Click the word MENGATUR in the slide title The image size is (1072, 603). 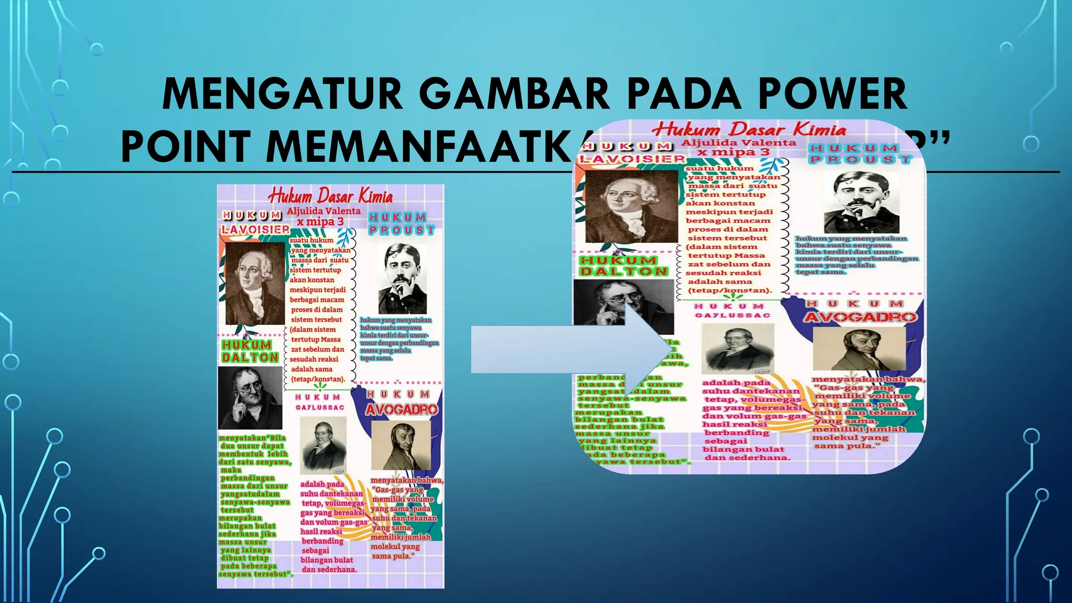[282, 94]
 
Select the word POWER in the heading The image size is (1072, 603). [832, 94]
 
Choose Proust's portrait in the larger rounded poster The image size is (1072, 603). [861, 202]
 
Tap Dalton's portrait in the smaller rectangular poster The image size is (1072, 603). [250, 398]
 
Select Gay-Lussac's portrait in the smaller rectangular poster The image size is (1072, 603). [323, 444]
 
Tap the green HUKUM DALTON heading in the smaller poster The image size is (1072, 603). [250, 351]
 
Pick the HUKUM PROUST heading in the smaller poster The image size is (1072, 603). [401, 224]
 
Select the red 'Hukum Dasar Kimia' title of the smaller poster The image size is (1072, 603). [330, 196]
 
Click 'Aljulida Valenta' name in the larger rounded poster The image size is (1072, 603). [738, 142]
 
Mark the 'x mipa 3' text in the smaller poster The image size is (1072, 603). [320, 222]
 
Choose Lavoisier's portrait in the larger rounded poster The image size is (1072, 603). [631, 206]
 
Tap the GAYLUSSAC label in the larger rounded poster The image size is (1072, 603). [732, 316]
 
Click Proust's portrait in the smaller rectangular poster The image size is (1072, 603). [402, 278]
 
